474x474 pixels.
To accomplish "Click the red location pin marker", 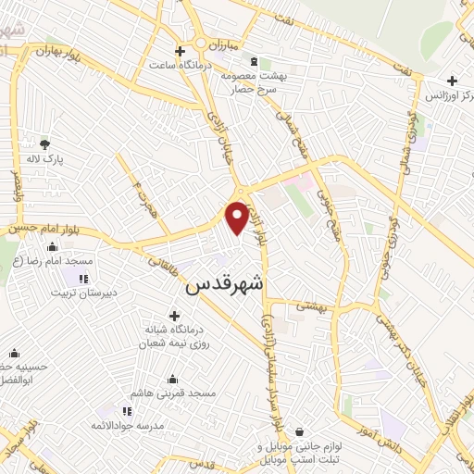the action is (x=238, y=217).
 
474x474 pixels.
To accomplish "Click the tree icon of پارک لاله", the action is (x=44, y=143).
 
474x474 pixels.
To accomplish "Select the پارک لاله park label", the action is (x=44, y=160).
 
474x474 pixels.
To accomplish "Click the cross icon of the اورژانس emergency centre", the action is (x=452, y=80).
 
